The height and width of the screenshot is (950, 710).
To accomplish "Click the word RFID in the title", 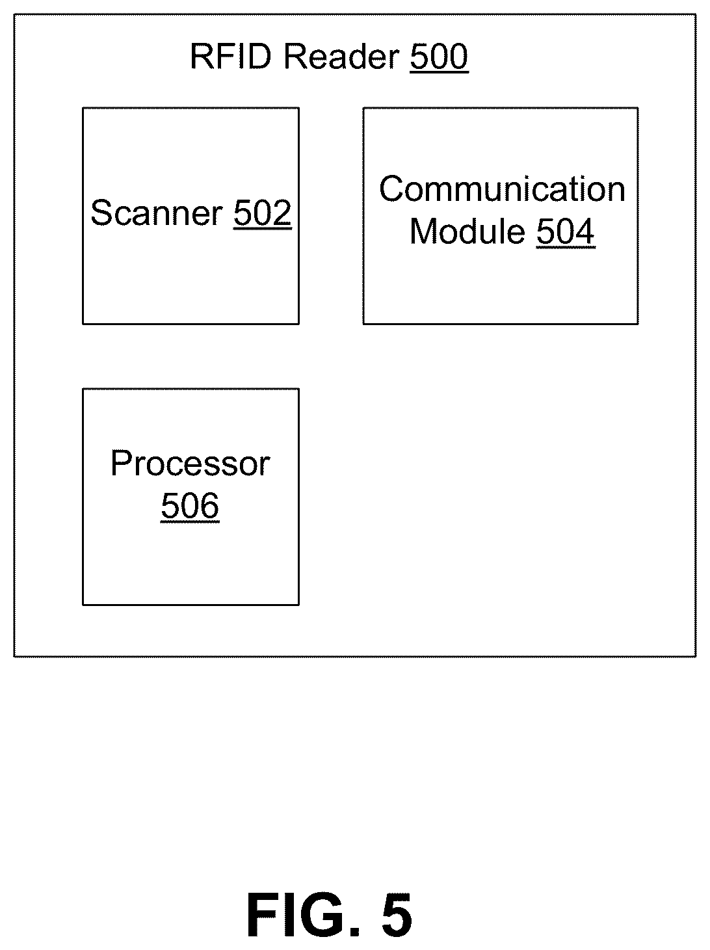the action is click(231, 57).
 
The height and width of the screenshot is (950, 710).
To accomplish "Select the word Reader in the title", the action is click(341, 57).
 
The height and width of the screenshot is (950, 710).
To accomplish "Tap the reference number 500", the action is click(439, 57).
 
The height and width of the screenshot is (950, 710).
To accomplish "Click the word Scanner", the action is click(157, 213).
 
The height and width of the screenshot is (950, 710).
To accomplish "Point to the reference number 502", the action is click(263, 213).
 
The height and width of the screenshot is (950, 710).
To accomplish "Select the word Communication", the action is click(502, 189).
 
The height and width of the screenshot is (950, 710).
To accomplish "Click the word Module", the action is click(467, 231).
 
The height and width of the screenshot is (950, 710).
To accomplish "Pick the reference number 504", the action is click(566, 231).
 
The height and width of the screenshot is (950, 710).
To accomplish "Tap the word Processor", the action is click(191, 464).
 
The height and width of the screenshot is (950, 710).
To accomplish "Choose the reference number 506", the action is click(190, 505).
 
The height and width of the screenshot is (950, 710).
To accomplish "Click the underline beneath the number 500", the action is click(439, 72).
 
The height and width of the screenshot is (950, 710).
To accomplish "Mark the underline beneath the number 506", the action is click(190, 522).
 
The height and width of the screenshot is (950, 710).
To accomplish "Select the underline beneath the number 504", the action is click(566, 248).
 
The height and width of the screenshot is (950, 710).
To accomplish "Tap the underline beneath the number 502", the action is click(263, 228).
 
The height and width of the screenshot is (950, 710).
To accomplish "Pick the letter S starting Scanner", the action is click(102, 213).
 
